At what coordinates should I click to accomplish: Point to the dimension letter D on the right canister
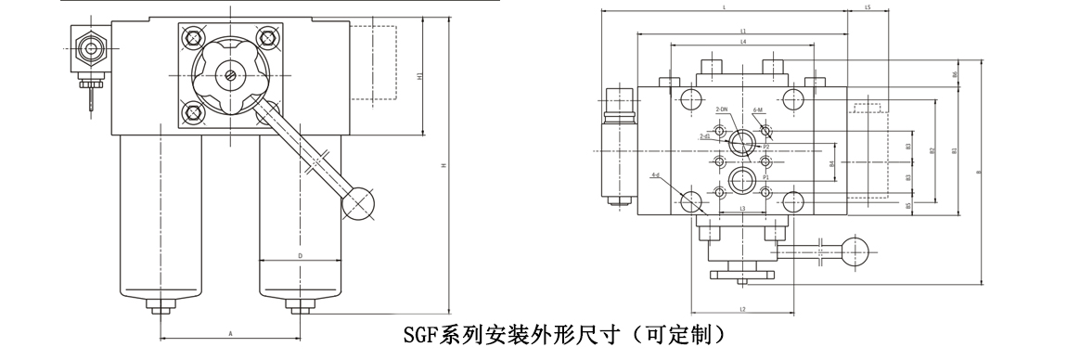coord(300,254)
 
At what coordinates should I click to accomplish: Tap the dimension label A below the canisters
coord(229,332)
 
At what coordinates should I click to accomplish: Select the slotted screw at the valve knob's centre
coord(228,74)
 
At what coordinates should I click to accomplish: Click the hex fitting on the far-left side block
coord(91,45)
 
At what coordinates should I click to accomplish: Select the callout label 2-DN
coord(723,109)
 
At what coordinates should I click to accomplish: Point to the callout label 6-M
coord(758,109)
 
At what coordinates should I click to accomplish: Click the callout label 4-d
coord(655,174)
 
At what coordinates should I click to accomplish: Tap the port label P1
coord(765,176)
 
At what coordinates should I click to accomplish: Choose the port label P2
coord(765,147)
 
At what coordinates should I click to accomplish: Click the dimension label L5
coord(867,7)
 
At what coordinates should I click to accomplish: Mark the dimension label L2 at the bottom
coord(743,309)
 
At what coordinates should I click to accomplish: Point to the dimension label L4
coord(743,43)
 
